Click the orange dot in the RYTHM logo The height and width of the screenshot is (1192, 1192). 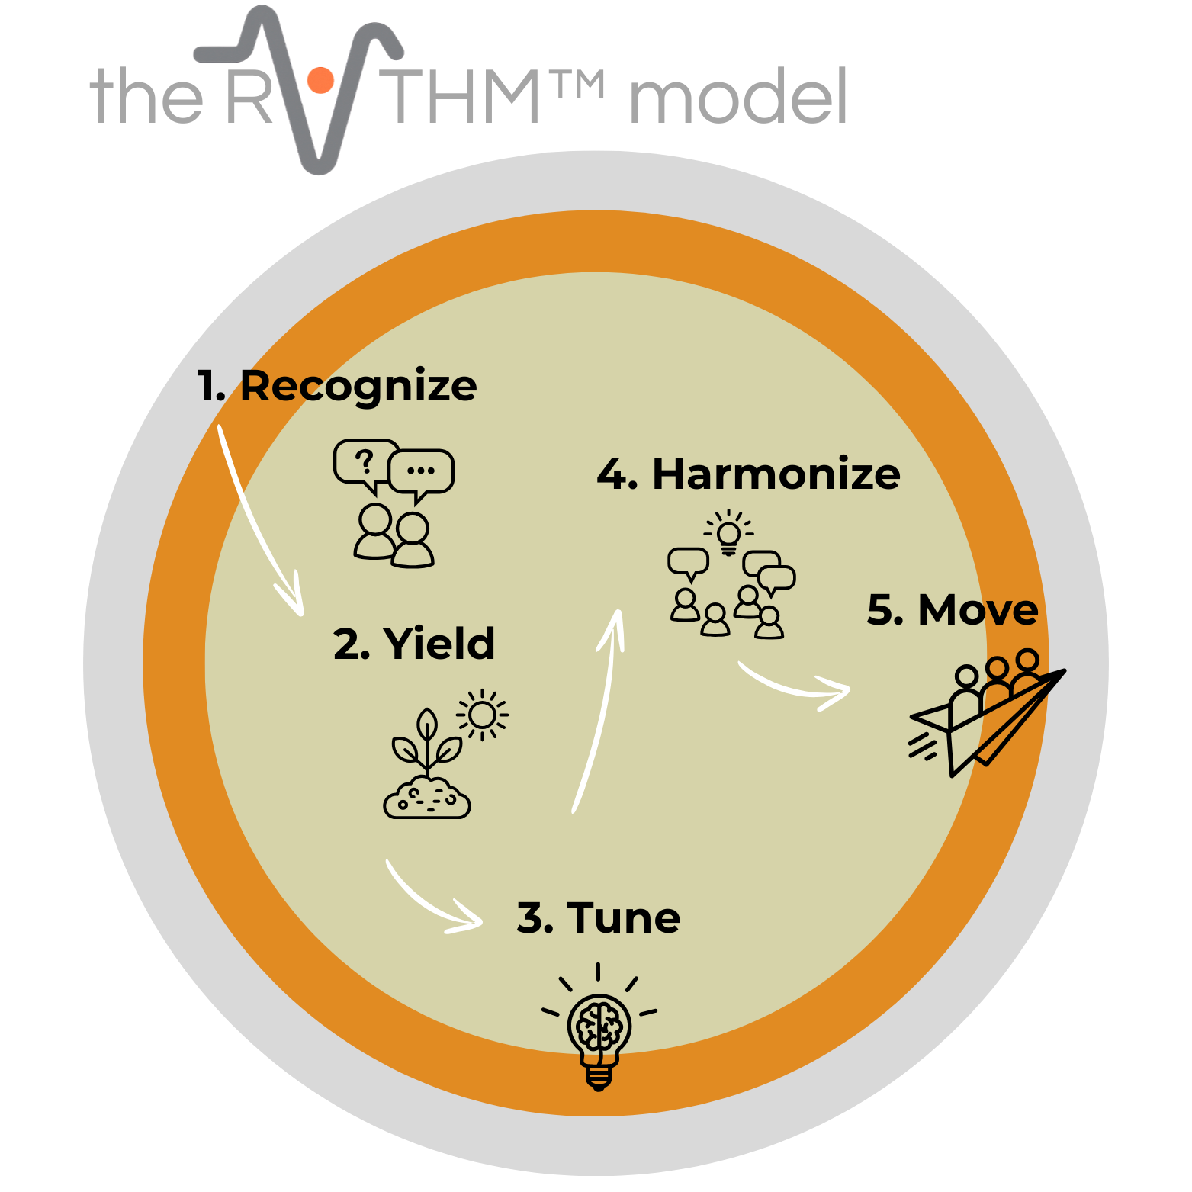coord(320,79)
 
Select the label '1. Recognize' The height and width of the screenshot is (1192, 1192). coord(337,386)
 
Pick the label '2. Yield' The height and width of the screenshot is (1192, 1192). coord(414,644)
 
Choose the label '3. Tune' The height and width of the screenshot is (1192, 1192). coord(599,917)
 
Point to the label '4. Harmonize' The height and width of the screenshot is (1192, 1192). coord(748,474)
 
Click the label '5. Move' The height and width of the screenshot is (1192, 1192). coord(953,610)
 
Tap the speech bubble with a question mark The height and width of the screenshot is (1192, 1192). coord(364,462)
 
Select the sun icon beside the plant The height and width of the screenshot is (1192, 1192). coord(482,715)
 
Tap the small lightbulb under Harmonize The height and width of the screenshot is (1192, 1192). coord(729,532)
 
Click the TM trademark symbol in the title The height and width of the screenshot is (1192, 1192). coord(580,85)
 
